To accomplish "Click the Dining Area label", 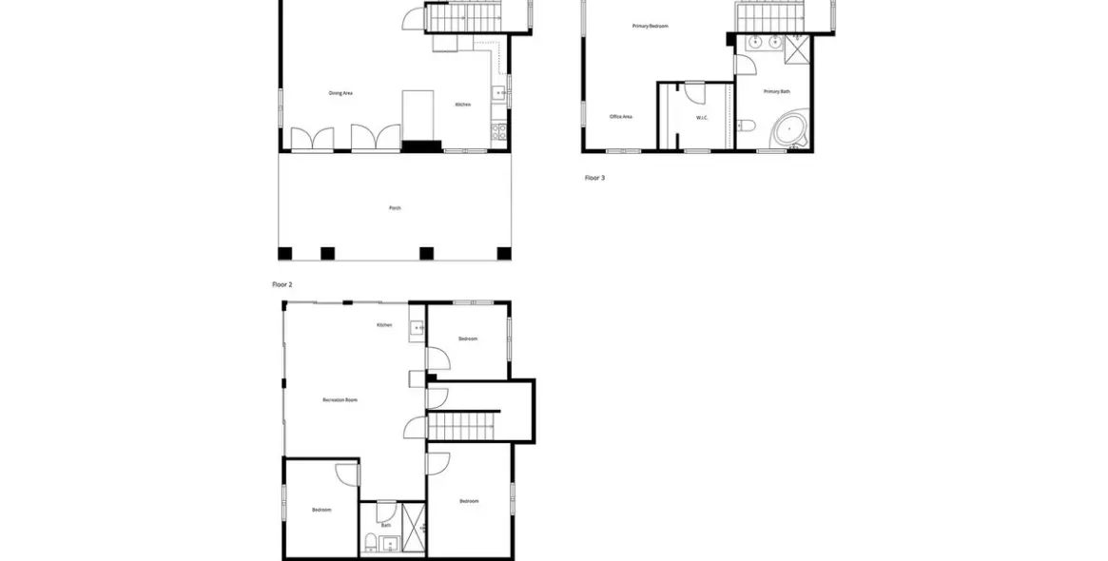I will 340,93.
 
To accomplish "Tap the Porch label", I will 395,207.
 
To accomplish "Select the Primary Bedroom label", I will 651,27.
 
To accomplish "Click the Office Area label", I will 621,117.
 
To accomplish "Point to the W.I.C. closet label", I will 702,118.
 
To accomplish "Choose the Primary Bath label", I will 777,91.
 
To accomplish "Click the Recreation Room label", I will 340,400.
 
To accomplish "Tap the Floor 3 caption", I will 594,178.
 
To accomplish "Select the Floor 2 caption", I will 282,284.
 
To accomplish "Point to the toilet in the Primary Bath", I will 748,126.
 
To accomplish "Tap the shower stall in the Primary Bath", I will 797,48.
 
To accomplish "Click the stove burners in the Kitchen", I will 497,127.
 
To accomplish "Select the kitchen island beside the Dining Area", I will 418,115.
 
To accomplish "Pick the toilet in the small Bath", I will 369,543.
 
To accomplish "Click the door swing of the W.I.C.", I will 695,90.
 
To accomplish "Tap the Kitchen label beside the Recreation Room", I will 384,325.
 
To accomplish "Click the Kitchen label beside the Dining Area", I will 462,105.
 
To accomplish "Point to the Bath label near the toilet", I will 386,525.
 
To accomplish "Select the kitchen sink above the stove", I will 498,92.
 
